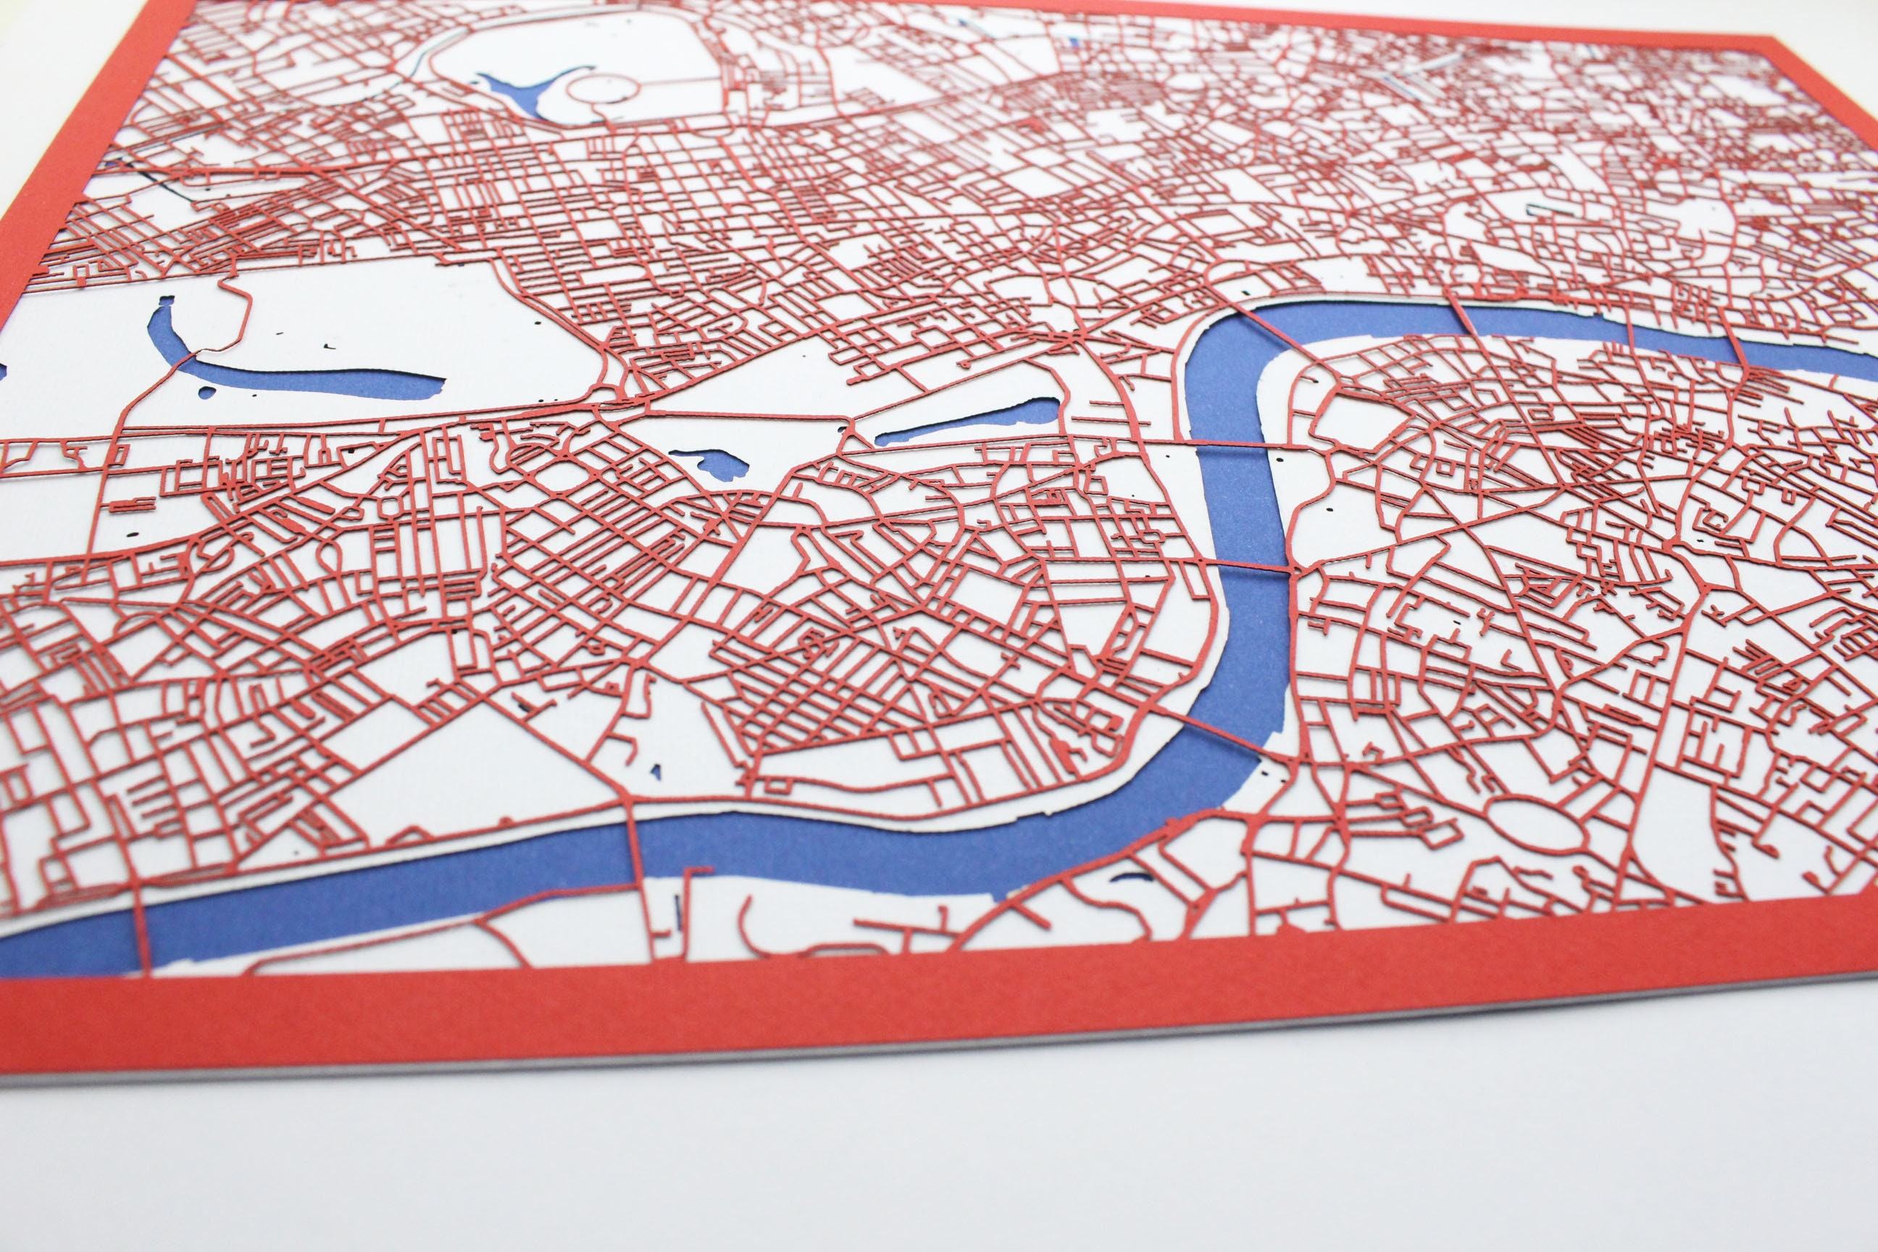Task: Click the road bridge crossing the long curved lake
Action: (x=182, y=359)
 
